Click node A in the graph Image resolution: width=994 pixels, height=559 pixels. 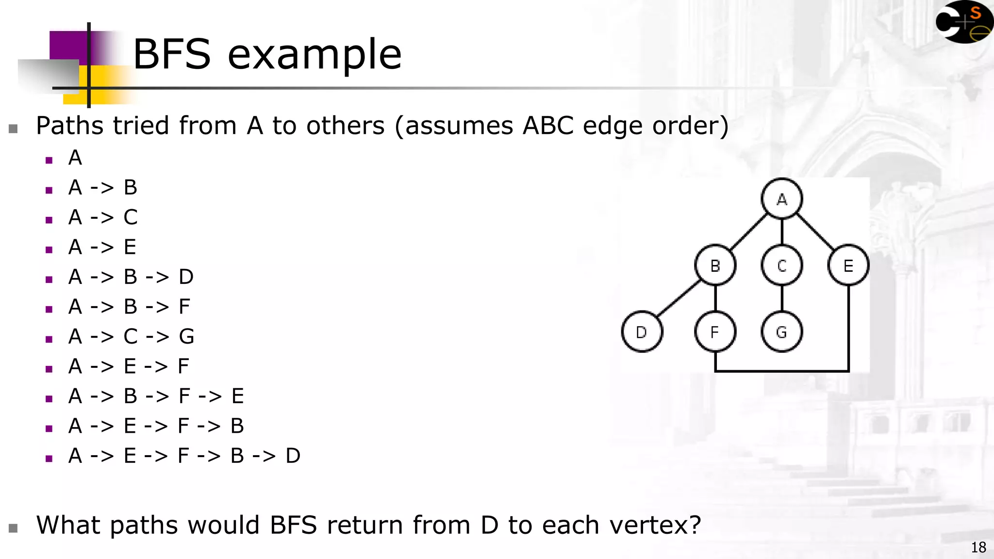click(x=781, y=198)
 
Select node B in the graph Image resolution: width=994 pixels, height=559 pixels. click(x=715, y=265)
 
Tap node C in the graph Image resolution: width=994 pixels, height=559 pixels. click(x=781, y=265)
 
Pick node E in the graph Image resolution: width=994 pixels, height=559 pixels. click(x=848, y=265)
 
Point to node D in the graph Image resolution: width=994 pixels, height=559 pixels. click(x=642, y=332)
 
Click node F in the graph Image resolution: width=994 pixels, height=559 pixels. click(x=715, y=332)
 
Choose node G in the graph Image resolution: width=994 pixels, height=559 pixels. click(x=781, y=332)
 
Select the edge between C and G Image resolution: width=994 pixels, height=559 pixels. click(x=781, y=298)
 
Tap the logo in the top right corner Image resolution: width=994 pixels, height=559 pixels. click(x=963, y=22)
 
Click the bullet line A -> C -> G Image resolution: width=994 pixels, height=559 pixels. click(x=131, y=336)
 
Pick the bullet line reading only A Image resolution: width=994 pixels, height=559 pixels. click(x=75, y=158)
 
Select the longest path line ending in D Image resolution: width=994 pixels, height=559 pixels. click(x=184, y=456)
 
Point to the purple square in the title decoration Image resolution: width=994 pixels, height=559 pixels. click(x=68, y=46)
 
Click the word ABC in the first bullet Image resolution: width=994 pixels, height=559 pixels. click(x=549, y=126)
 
